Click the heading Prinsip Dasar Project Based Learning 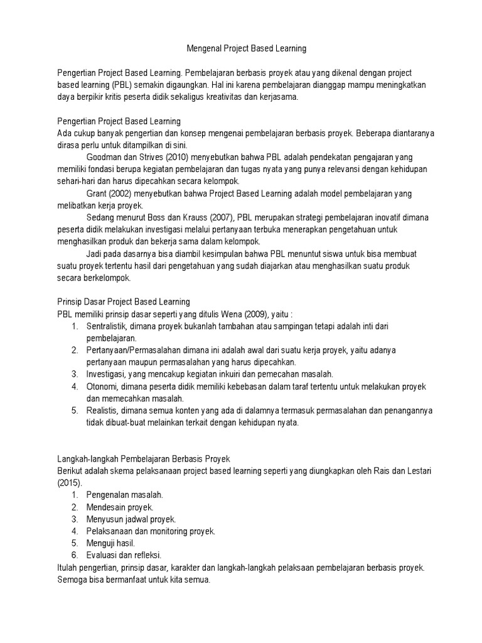(123, 301)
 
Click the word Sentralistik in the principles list (107, 326)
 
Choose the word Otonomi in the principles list (102, 386)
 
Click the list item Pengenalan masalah (125, 495)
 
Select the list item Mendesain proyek (120, 507)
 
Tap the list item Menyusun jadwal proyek (131, 519)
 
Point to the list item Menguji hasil (110, 543)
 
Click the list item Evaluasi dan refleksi (124, 555)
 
